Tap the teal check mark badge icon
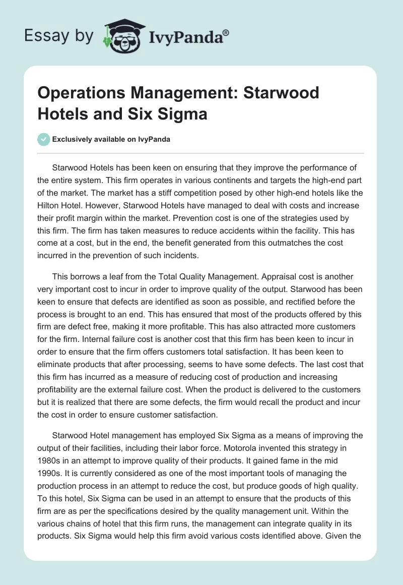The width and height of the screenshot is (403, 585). point(44,139)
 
